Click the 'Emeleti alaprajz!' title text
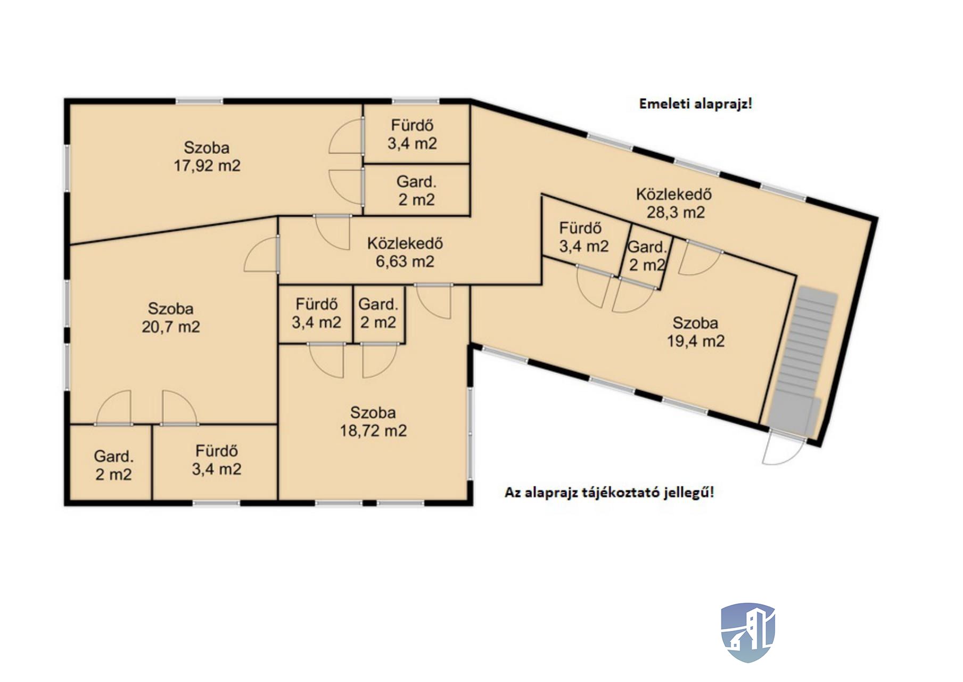coord(695,104)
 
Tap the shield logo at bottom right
coord(748,632)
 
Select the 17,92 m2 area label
coord(207,166)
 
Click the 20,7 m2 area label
coord(171,327)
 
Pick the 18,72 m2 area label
coord(373,431)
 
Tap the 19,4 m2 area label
coord(696,341)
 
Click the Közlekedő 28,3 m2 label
coord(674,203)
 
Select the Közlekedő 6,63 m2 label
coord(405,252)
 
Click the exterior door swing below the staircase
coord(783,449)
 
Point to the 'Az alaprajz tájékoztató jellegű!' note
coord(610,492)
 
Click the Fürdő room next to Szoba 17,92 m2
coord(416,133)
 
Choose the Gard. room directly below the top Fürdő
coord(416,190)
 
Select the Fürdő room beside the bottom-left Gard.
coord(215,462)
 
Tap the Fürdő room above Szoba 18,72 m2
coord(316,314)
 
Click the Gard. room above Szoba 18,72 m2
coord(379,314)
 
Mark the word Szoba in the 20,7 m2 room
coord(171,309)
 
